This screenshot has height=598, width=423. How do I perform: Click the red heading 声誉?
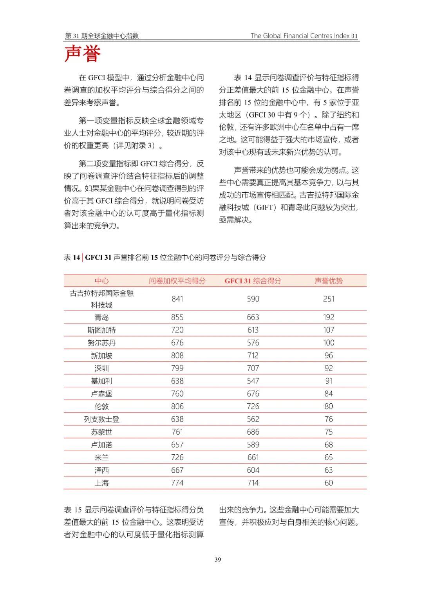83,54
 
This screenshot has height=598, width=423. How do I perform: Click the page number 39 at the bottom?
218,560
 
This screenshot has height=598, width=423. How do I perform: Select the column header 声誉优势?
329,281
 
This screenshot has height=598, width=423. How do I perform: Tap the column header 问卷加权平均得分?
177,281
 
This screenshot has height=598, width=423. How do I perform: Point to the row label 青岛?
101,318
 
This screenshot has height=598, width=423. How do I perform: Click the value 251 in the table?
329,299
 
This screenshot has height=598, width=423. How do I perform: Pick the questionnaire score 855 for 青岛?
177,318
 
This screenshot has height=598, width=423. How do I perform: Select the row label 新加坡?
101,356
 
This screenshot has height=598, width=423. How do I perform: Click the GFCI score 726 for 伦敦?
253,406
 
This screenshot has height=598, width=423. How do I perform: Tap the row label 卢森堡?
101,394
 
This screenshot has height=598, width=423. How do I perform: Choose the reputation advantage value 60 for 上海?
329,483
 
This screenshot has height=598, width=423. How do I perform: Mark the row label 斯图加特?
101,330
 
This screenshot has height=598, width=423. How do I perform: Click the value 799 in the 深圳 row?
177,368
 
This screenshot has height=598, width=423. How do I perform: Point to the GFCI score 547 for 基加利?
253,381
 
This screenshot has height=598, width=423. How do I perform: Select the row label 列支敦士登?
101,419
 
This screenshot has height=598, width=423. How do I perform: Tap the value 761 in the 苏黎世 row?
177,432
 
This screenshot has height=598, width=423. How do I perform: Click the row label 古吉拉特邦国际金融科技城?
101,299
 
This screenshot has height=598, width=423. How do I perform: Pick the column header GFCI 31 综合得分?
253,281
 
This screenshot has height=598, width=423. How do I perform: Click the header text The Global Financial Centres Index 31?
304,36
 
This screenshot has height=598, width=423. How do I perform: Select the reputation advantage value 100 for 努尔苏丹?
329,343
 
